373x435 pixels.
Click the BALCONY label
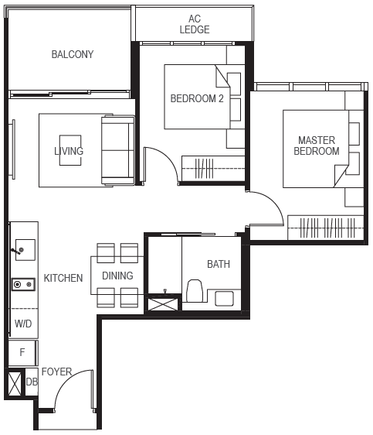[73, 54]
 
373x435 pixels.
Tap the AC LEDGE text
[195, 24]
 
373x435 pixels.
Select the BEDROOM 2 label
[197, 98]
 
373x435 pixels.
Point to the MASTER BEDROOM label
[317, 146]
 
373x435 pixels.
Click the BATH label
[219, 264]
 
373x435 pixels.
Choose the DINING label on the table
[117, 276]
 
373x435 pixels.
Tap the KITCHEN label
[63, 278]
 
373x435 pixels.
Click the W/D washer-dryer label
[23, 324]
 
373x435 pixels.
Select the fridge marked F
[22, 353]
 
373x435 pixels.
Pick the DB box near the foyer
[32, 382]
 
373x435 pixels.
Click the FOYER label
[56, 372]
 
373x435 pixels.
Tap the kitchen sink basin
[25, 250]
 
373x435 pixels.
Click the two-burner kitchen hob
[23, 284]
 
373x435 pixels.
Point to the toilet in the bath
[195, 291]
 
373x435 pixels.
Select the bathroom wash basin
[224, 299]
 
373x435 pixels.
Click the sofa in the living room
[118, 150]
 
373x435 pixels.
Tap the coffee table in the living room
[70, 150]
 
